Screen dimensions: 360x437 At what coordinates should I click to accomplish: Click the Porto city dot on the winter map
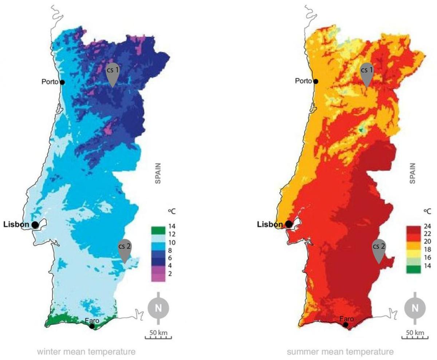click(62, 82)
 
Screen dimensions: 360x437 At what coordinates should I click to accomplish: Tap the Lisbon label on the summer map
click(270, 224)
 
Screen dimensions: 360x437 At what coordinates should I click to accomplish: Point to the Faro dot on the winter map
click(92, 326)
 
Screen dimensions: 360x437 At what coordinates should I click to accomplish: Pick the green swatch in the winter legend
click(158, 230)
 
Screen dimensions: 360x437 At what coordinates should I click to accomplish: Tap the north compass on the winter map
click(158, 308)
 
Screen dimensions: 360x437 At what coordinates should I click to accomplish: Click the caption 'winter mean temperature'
click(86, 352)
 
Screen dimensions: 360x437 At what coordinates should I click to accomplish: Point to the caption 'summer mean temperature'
click(340, 352)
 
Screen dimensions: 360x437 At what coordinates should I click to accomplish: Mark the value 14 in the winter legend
click(172, 226)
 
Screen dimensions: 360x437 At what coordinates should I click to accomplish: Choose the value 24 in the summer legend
click(427, 226)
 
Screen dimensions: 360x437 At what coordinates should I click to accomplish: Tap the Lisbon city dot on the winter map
click(35, 225)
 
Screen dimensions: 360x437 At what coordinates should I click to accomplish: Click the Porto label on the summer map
click(303, 81)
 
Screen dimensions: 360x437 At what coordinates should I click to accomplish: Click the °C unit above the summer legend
click(427, 211)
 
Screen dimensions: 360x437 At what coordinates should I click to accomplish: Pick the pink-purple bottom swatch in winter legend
click(158, 277)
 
